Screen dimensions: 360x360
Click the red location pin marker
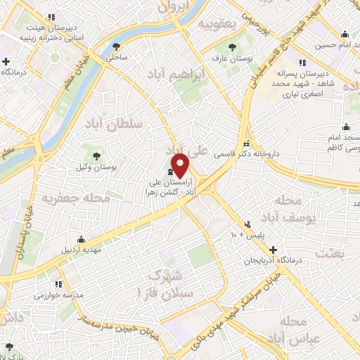point(181,165)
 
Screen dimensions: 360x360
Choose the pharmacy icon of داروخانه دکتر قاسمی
point(245,141)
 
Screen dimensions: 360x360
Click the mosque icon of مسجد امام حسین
point(345,34)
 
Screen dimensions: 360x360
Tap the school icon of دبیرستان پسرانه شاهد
point(302,62)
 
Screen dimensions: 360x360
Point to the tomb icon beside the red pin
point(171,172)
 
